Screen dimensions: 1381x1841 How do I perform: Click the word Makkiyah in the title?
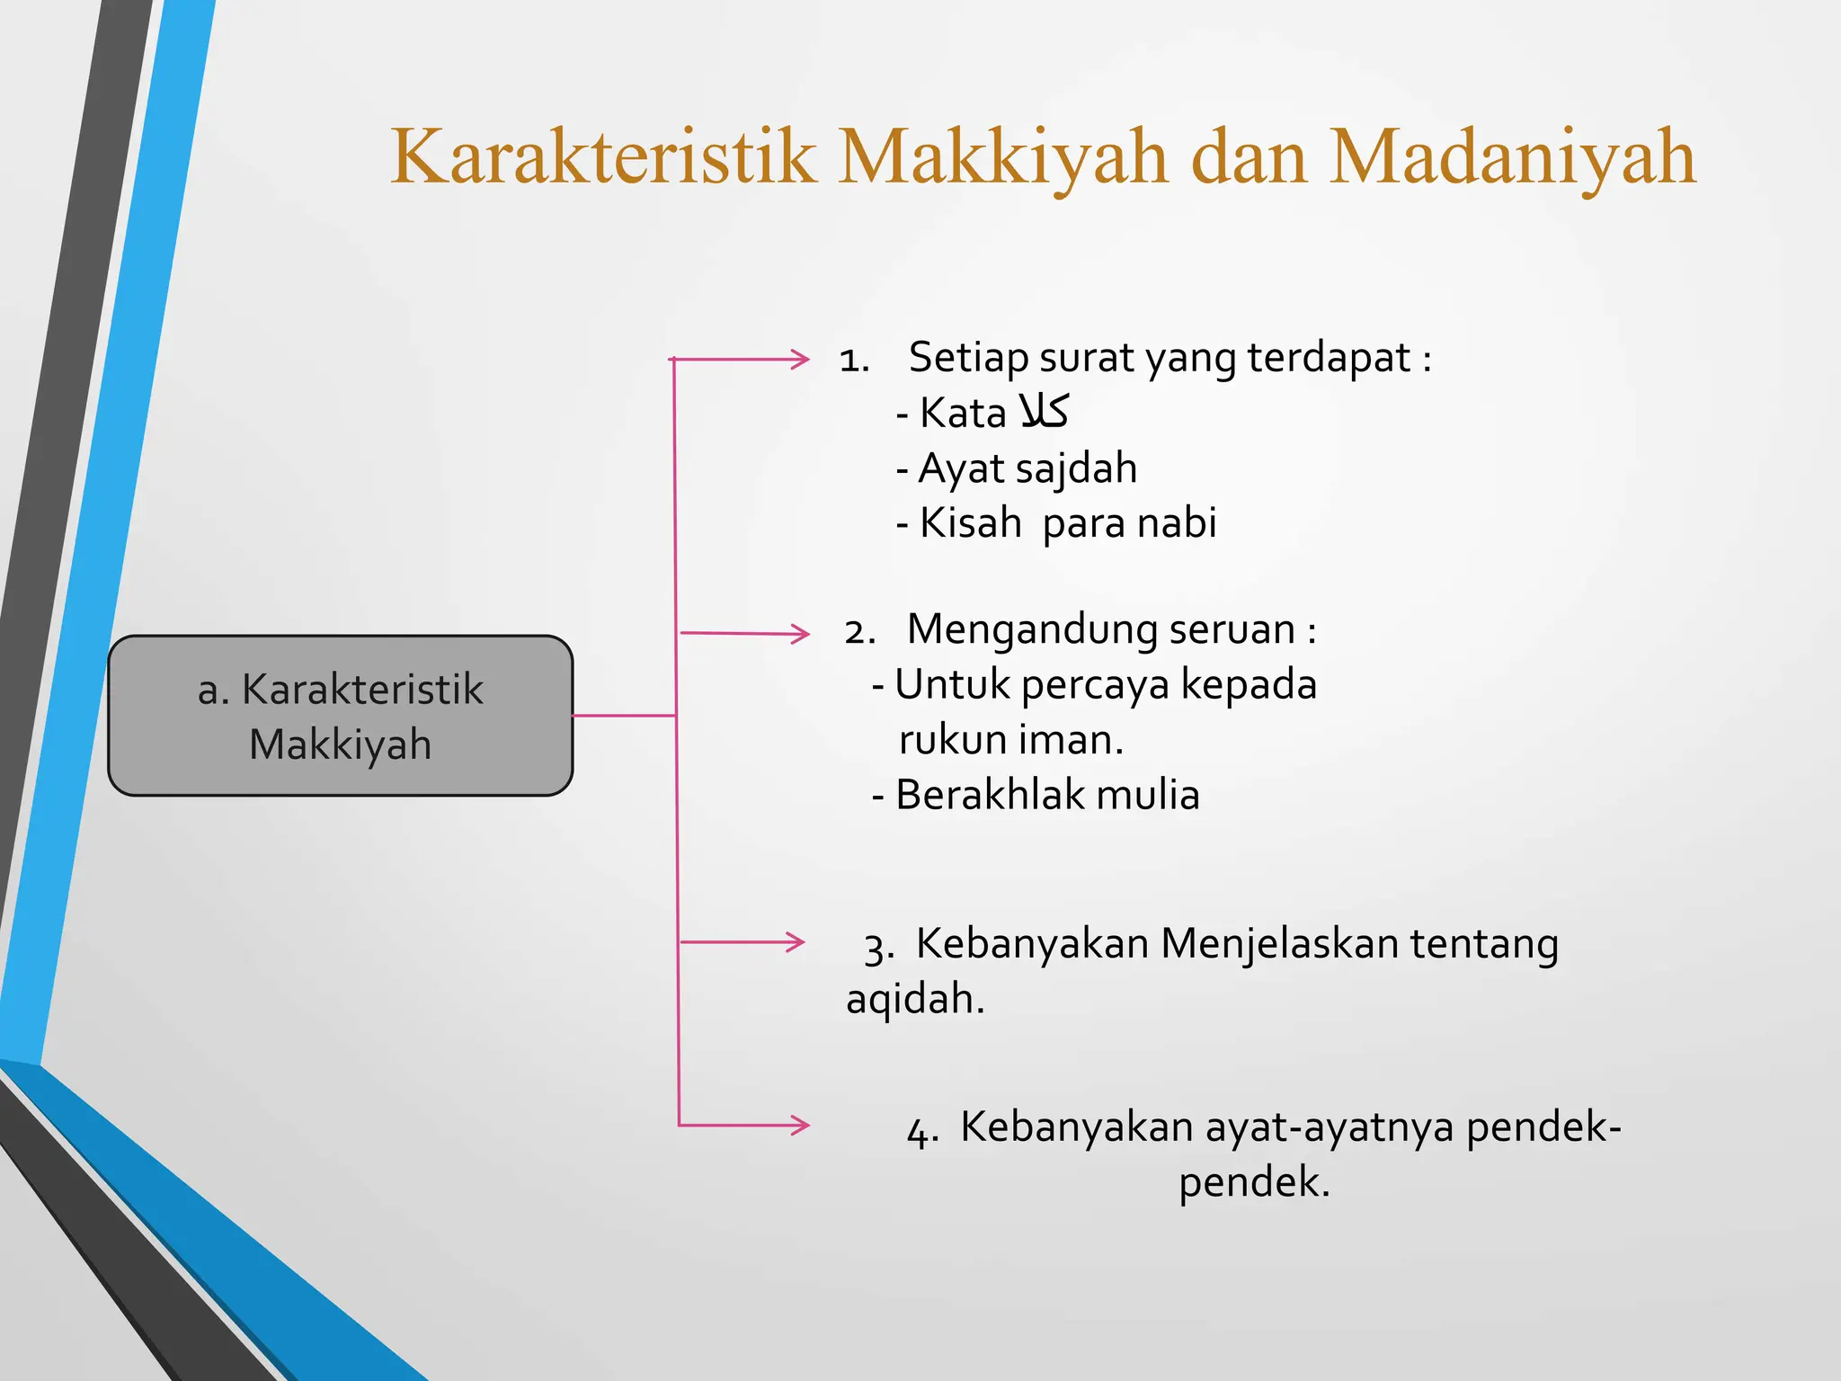1003,158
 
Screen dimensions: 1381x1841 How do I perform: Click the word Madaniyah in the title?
1513,158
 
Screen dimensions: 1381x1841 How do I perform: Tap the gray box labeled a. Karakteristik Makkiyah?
340,716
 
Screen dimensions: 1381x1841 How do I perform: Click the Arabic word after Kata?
1045,412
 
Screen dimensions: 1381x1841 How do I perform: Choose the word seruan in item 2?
1232,629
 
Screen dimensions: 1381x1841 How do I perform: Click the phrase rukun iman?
1011,740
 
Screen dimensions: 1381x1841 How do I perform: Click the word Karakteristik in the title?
603,158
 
